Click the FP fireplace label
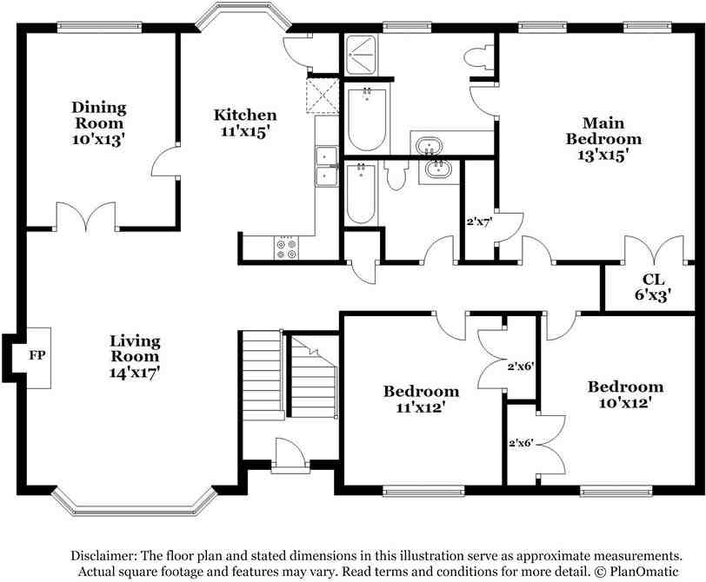[x=37, y=355]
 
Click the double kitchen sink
[x=327, y=167]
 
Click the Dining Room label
[x=99, y=116]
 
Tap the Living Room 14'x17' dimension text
[x=135, y=373]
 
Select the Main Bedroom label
[x=603, y=130]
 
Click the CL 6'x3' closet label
[x=653, y=287]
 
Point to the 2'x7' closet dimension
[x=480, y=222]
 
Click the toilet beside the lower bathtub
[x=396, y=175]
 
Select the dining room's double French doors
[x=86, y=216]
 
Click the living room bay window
[x=134, y=501]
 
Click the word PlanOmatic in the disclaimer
[x=644, y=572]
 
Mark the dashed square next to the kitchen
[x=322, y=96]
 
